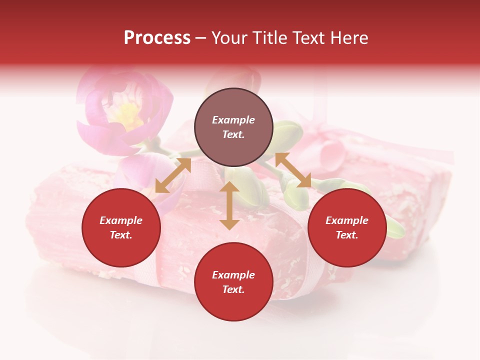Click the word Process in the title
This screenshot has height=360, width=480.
click(x=157, y=37)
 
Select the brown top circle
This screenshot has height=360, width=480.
click(x=233, y=127)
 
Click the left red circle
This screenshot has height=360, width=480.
click(x=121, y=228)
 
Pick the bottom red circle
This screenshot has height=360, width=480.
click(x=233, y=282)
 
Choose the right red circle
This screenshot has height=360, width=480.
click(x=347, y=228)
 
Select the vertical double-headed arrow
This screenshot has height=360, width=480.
click(x=229, y=205)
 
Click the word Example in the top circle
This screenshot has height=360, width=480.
click(x=233, y=120)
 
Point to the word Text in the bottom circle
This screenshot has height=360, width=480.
click(x=233, y=289)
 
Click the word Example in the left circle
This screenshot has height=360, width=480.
click(x=121, y=220)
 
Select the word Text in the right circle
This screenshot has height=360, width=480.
click(x=347, y=235)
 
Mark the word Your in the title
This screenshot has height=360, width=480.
click(x=229, y=37)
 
